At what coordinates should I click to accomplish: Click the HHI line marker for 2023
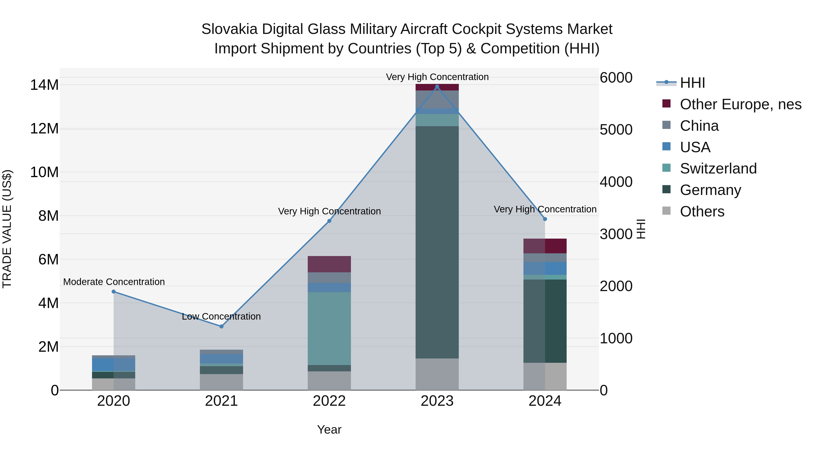[437, 87]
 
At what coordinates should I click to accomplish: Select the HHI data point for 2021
[221, 327]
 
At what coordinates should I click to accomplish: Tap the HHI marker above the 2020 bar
[114, 292]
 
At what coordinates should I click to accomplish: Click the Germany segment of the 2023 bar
[437, 242]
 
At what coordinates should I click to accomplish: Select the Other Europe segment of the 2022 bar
[329, 264]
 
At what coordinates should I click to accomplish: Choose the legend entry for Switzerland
[718, 168]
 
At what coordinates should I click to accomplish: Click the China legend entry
[699, 126]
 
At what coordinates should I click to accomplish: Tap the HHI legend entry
[692, 83]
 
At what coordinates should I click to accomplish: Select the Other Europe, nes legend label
[740, 104]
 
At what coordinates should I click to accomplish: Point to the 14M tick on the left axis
[44, 85]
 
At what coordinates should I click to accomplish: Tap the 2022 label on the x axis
[329, 401]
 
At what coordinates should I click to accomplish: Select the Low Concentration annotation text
[221, 316]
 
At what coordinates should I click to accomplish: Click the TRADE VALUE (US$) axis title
[7, 229]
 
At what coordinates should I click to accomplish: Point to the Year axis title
[329, 430]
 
